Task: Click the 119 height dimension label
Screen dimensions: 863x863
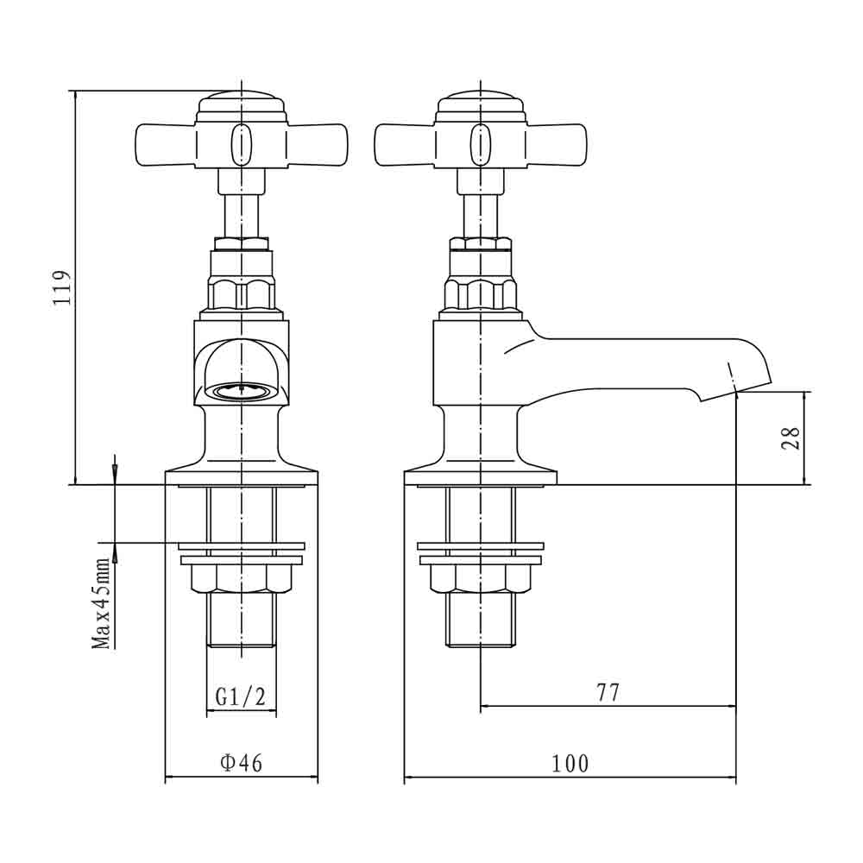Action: pos(61,287)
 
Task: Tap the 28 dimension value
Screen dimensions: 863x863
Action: pos(791,438)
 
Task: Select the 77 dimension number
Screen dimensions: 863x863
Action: pos(608,692)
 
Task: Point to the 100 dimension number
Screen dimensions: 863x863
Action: pos(570,764)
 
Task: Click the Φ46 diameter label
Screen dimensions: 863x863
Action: pos(241,763)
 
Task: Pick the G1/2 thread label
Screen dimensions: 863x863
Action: pos(241,696)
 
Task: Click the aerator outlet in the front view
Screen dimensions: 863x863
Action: pos(241,391)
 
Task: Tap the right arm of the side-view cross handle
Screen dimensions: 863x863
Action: pos(557,145)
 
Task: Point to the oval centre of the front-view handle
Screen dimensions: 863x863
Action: pos(241,145)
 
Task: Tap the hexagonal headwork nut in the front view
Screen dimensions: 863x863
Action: pos(241,294)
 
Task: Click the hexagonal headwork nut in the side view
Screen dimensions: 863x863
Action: pos(481,294)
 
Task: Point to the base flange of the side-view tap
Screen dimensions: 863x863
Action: pos(481,478)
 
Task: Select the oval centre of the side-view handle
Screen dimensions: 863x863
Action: pos(481,145)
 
